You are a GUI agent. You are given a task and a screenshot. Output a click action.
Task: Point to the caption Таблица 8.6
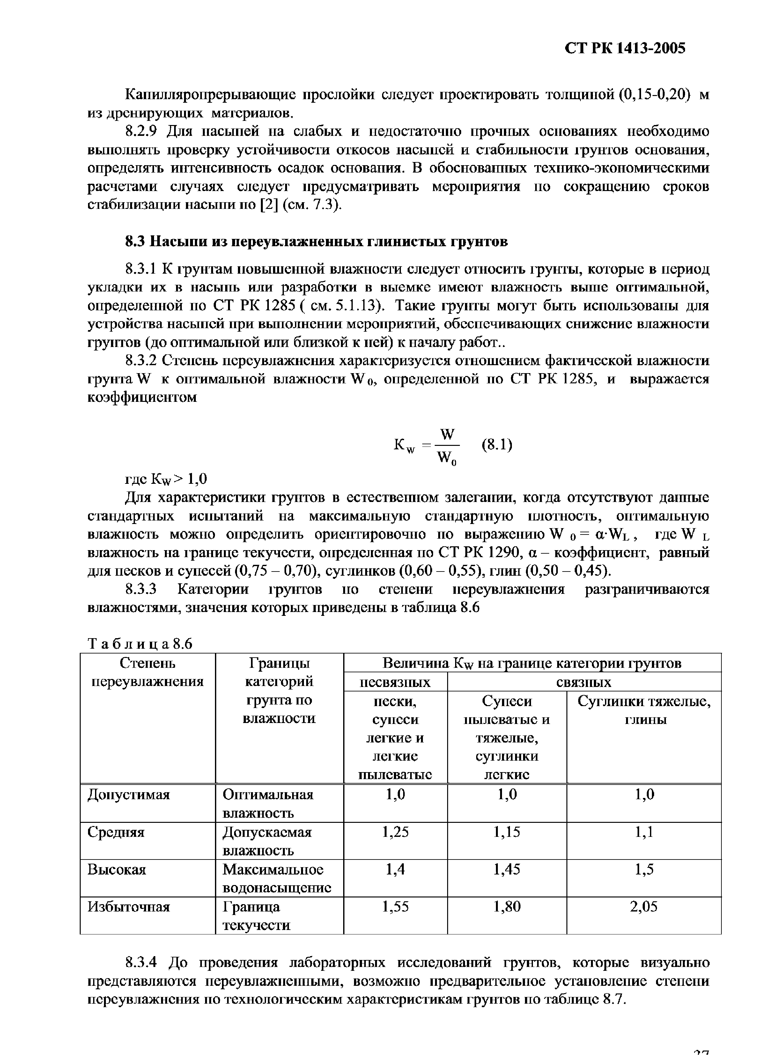(x=140, y=644)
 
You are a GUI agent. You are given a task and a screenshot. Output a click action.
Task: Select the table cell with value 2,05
(x=644, y=907)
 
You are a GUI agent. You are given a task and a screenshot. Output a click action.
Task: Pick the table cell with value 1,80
(x=507, y=907)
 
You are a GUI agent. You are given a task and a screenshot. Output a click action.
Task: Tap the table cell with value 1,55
(x=395, y=907)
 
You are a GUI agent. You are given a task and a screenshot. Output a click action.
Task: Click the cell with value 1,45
(x=507, y=870)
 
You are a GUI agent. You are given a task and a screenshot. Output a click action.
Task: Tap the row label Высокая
(x=117, y=870)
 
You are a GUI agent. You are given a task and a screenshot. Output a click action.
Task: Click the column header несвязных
(x=395, y=682)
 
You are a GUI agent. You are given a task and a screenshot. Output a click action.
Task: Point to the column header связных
(x=584, y=682)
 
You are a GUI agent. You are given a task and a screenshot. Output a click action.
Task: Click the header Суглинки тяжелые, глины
(x=644, y=711)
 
